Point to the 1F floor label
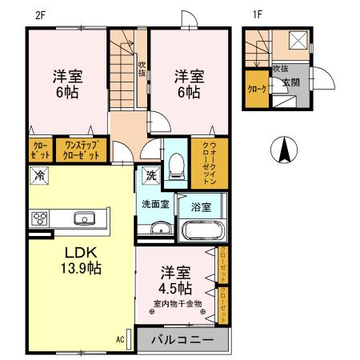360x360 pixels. [x=258, y=13]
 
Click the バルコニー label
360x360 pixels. [x=183, y=340]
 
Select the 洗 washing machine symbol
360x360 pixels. [x=150, y=175]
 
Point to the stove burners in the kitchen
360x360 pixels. [x=39, y=217]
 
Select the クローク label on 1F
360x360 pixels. [x=256, y=89]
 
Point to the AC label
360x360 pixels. [x=120, y=340]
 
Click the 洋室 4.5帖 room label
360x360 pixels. [x=174, y=278]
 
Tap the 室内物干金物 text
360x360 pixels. [x=178, y=303]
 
